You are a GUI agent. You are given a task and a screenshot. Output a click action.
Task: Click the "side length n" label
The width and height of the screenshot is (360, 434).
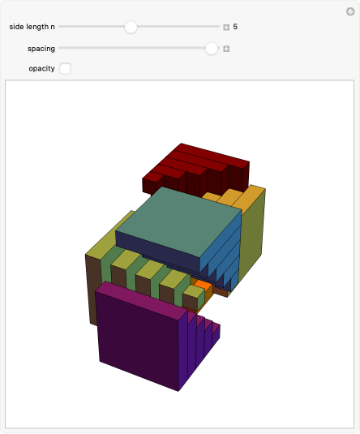[32, 27]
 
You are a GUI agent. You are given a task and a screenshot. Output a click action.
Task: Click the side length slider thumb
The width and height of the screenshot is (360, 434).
[131, 27]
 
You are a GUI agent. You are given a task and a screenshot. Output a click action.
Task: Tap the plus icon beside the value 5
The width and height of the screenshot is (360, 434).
[227, 27]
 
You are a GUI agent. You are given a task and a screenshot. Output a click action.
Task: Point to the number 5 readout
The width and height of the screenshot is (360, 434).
[235, 27]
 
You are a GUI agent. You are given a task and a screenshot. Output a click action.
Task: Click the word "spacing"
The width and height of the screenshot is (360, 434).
[41, 49]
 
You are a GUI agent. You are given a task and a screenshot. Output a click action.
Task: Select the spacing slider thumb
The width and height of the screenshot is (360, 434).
[212, 49]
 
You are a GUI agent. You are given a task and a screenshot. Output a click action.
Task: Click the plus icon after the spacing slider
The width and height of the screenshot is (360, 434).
[227, 49]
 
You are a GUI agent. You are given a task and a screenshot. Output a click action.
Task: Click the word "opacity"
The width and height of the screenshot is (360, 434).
[41, 69]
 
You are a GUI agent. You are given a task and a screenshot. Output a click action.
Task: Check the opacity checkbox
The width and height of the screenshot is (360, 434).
[66, 69]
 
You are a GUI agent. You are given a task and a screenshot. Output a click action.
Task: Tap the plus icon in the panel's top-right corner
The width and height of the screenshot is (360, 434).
[349, 11]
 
